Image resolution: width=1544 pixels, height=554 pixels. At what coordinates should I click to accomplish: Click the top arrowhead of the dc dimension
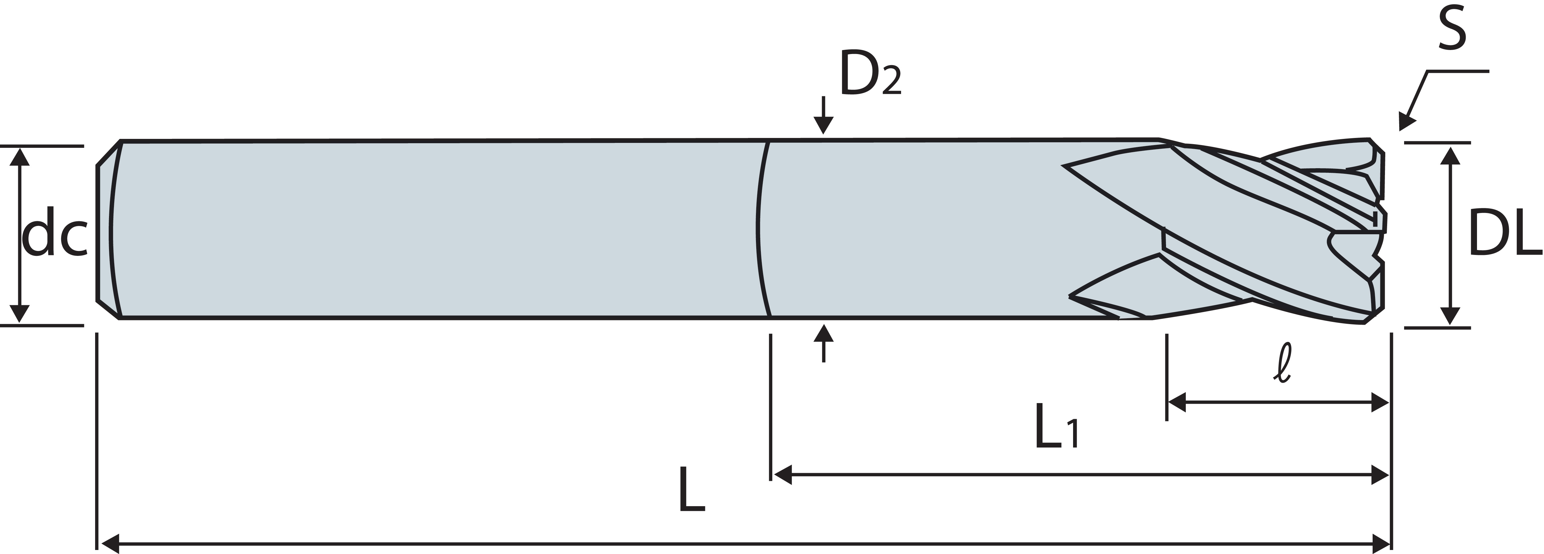[20, 157]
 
